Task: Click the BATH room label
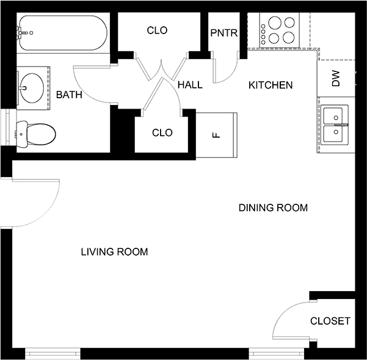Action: click(x=69, y=95)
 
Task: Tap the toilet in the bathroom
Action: click(x=36, y=134)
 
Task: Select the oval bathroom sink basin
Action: click(x=32, y=88)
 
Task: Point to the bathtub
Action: click(x=63, y=33)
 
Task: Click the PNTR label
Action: click(x=224, y=33)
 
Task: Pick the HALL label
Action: click(x=190, y=85)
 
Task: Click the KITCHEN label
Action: click(x=271, y=85)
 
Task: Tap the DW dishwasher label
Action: click(x=335, y=78)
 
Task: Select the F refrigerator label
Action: click(x=217, y=135)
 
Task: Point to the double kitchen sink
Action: click(x=335, y=124)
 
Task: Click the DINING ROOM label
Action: click(x=273, y=207)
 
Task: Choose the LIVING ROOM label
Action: click(x=114, y=252)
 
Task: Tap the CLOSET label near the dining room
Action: click(x=330, y=321)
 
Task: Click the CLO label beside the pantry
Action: click(x=157, y=30)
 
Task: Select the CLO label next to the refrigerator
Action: click(x=162, y=132)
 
